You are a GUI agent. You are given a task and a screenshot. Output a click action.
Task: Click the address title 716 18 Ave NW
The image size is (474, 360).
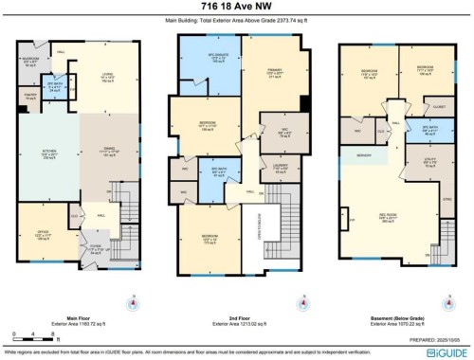[237, 8]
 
